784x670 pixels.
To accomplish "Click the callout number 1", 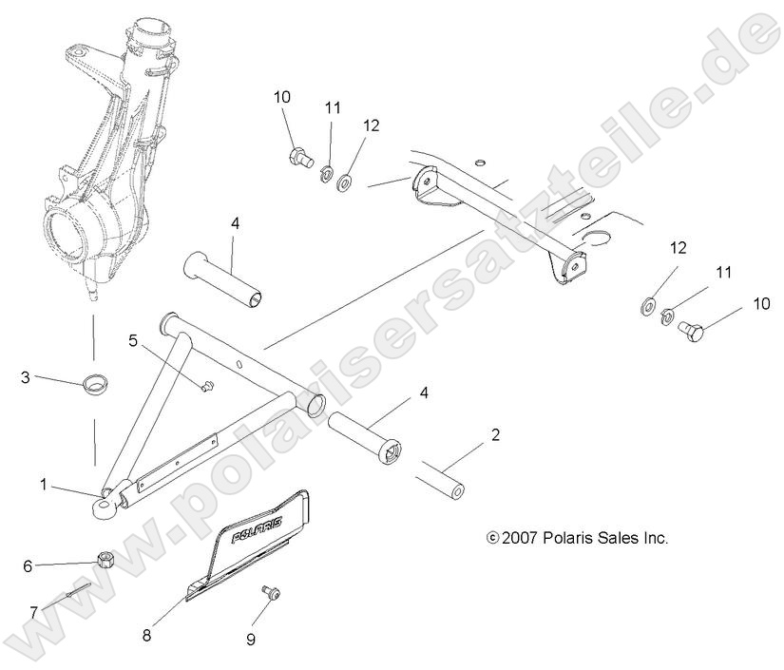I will coord(44,485).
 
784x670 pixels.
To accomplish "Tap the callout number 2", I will coord(495,436).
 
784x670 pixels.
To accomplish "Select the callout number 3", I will coord(26,377).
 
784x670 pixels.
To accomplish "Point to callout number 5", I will coord(133,340).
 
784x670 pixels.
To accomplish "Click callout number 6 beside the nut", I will coord(28,566).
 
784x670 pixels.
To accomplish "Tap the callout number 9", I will coord(251,640).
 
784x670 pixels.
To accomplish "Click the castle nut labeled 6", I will coord(106,559).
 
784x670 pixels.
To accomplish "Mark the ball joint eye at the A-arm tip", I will coord(104,507).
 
